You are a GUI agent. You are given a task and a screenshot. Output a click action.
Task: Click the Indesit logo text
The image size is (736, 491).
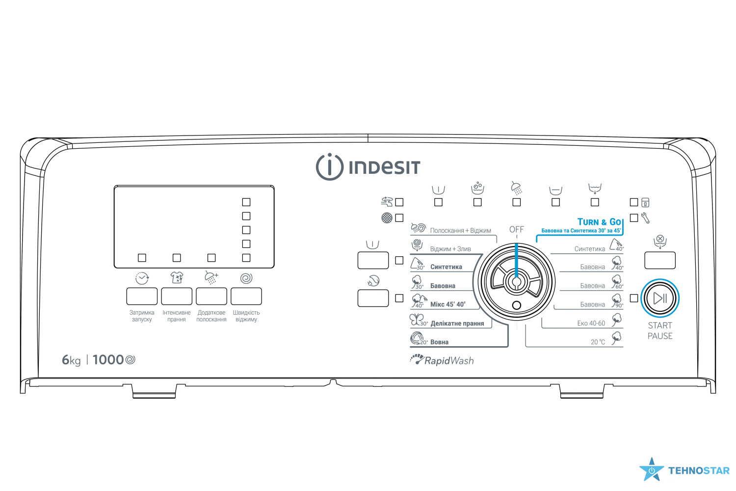(x=384, y=167)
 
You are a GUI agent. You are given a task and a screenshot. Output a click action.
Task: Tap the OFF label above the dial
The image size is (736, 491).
(x=516, y=229)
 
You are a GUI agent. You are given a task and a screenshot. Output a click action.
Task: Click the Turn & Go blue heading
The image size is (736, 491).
(x=599, y=222)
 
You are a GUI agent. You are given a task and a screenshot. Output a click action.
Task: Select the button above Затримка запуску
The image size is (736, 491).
(x=142, y=297)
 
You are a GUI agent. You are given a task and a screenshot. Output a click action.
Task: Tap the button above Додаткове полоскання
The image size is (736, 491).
(x=211, y=297)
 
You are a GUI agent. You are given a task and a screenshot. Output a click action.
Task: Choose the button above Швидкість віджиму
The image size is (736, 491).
(x=246, y=297)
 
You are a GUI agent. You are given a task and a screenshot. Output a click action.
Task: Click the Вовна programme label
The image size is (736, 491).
(x=439, y=342)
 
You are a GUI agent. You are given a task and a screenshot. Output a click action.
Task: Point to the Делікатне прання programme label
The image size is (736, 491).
(x=457, y=324)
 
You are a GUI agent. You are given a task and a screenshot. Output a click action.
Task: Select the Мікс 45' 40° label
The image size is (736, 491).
(x=447, y=304)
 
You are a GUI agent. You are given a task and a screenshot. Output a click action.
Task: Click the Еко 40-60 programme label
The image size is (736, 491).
(x=591, y=324)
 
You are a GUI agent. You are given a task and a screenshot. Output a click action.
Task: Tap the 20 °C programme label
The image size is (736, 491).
(x=598, y=342)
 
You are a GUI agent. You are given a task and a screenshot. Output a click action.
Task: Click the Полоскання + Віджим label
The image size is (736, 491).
(x=460, y=230)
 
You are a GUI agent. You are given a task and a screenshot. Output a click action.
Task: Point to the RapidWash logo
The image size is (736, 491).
(x=442, y=360)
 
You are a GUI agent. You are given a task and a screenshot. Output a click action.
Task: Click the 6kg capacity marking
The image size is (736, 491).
(x=71, y=360)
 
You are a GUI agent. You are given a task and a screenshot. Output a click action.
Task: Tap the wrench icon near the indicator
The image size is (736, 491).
(x=645, y=218)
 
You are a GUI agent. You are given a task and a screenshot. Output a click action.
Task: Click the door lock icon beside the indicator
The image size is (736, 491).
(x=645, y=202)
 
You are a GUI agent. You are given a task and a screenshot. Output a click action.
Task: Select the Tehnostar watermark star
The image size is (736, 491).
(x=651, y=470)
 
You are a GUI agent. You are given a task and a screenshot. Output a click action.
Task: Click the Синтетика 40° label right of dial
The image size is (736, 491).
(x=590, y=249)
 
